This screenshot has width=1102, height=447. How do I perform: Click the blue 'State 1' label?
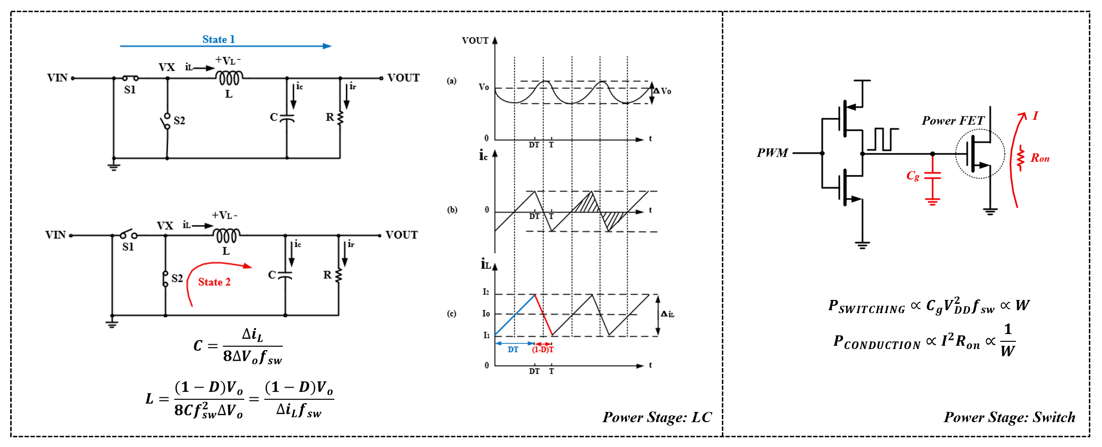point(219,39)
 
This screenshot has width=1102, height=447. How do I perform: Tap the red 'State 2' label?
point(214,282)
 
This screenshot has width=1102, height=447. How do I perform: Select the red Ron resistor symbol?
point(1021,158)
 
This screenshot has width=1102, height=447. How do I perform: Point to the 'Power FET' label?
point(953,121)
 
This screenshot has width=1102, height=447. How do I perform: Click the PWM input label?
point(772,153)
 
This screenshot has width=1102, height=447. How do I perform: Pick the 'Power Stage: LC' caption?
point(657,417)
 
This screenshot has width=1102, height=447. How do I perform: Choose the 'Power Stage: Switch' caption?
point(1009,417)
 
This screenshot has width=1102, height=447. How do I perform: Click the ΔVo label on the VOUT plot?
point(663,91)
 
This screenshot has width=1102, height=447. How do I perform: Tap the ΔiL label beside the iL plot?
point(667,314)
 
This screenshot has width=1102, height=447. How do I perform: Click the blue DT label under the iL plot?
point(513,350)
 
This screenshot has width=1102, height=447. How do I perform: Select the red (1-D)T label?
point(543,350)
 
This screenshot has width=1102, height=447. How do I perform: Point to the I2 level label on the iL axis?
point(486,292)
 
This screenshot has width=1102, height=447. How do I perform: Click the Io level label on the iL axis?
point(486,314)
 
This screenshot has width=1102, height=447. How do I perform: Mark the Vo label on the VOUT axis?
point(483,87)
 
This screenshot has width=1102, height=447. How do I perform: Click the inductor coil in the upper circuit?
point(229,77)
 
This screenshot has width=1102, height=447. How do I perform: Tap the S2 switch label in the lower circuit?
point(177,278)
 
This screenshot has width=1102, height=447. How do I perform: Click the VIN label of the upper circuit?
point(57,78)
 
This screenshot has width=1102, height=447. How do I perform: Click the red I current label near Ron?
point(1035,116)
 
